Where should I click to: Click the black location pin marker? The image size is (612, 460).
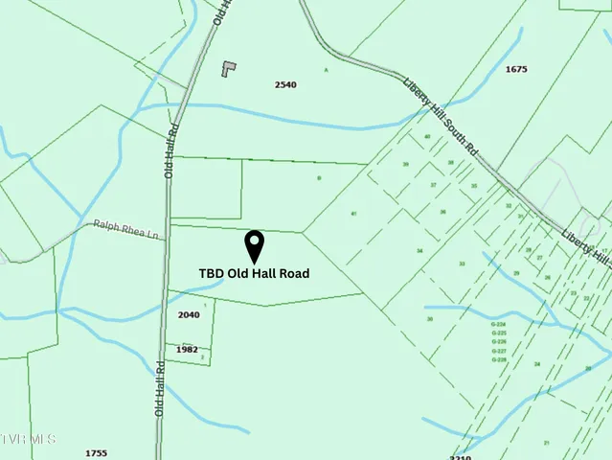tap(255, 244)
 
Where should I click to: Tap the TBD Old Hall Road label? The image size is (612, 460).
tap(254, 273)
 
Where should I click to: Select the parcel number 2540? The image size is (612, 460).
tap(285, 84)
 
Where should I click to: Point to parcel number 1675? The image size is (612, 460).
tap(516, 69)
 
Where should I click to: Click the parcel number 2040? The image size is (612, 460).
tap(189, 314)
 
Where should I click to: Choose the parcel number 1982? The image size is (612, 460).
tap(187, 349)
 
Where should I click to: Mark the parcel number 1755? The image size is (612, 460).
tap(96, 452)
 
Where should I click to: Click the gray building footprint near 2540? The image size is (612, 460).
tap(228, 68)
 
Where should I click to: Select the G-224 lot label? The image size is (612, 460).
tap(498, 325)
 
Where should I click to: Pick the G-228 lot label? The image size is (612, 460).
tap(498, 359)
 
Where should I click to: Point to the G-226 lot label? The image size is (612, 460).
tap(498, 342)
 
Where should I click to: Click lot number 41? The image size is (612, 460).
tap(353, 213)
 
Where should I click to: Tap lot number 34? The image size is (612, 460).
tap(419, 250)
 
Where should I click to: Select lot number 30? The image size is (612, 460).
tap(430, 319)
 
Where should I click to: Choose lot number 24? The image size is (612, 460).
tap(537, 364)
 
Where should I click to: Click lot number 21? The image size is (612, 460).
tap(546, 442)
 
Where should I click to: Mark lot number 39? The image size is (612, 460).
tap(405, 165)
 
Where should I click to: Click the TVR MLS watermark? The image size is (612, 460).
tap(29, 439)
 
